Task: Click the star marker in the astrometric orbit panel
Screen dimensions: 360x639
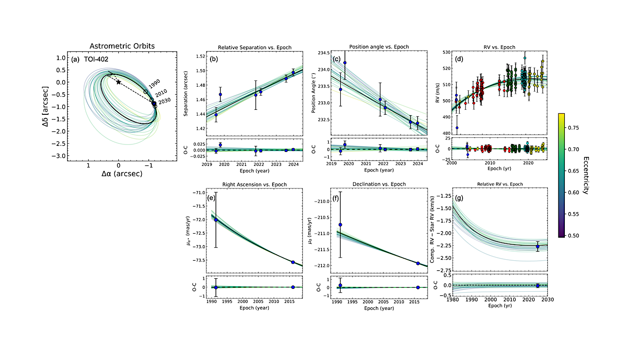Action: pos(119,82)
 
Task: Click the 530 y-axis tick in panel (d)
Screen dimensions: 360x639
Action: pos(445,52)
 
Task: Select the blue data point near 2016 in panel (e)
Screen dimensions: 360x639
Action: pos(293,262)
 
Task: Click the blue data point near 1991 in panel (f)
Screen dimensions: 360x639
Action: pos(340,225)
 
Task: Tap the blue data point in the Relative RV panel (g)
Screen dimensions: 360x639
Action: pos(538,247)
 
